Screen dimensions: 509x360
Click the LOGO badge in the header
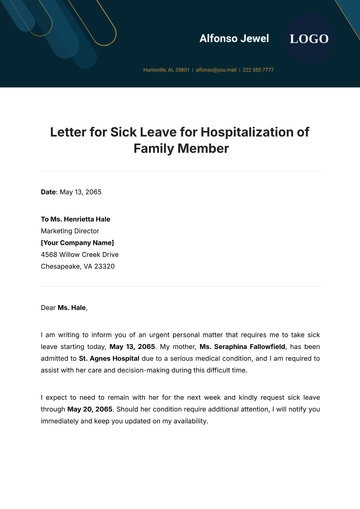309,39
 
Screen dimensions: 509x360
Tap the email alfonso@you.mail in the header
216,70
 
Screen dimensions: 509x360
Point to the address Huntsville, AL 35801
166,70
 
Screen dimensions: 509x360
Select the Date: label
49,191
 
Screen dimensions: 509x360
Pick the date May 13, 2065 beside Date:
81,191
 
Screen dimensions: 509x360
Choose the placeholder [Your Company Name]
77,242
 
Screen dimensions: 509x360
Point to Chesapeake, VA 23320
77,266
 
